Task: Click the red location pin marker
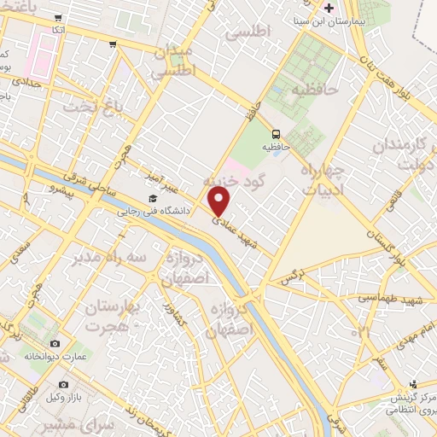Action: point(219,201)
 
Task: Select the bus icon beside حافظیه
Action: point(276,134)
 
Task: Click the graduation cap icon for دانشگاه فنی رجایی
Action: point(153,199)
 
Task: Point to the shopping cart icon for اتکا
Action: point(57,18)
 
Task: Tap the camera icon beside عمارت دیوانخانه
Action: point(55,343)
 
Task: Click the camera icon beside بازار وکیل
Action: point(63,385)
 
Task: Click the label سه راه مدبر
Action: point(109,257)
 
